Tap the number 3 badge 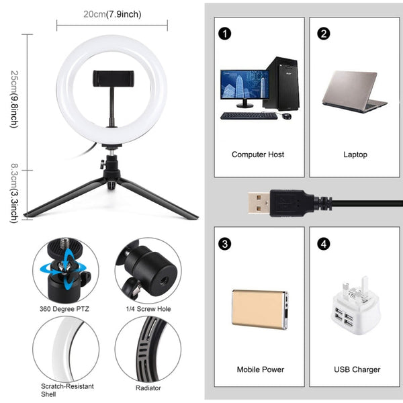coord(224,244)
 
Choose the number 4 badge coord(324,244)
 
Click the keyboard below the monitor coord(249,116)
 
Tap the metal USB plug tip coord(257,201)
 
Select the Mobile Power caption coord(260,369)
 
